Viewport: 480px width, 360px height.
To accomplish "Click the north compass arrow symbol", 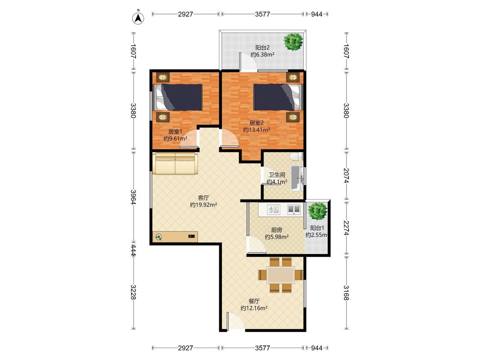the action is [x=138, y=18].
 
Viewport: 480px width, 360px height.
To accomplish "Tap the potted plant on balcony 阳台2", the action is [x=294, y=42].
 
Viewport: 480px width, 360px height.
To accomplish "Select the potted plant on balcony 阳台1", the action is [x=317, y=211].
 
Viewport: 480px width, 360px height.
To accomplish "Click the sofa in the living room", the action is [x=175, y=164].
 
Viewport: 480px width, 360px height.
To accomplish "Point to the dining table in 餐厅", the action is [x=281, y=275].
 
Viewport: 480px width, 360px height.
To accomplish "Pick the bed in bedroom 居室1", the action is [x=178, y=97].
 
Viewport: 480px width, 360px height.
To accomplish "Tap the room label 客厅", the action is [x=203, y=198].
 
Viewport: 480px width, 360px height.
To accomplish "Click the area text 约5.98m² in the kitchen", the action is [x=277, y=237].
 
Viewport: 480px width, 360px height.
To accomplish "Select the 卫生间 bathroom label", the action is [x=277, y=175].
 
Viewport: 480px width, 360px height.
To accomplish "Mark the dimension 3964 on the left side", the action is [x=134, y=197].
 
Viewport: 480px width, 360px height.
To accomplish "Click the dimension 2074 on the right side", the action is [x=346, y=175].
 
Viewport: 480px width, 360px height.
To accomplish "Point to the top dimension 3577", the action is [x=262, y=14].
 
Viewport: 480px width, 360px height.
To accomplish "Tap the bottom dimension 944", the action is [x=317, y=348].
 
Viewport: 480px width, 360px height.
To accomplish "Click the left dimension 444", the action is [x=134, y=250].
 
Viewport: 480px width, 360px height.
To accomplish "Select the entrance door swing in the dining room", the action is [x=236, y=322].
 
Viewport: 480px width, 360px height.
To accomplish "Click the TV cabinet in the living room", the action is [x=175, y=237].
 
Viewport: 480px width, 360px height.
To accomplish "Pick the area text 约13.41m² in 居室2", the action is [x=256, y=130].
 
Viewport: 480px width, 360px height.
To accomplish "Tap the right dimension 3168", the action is [x=346, y=293].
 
